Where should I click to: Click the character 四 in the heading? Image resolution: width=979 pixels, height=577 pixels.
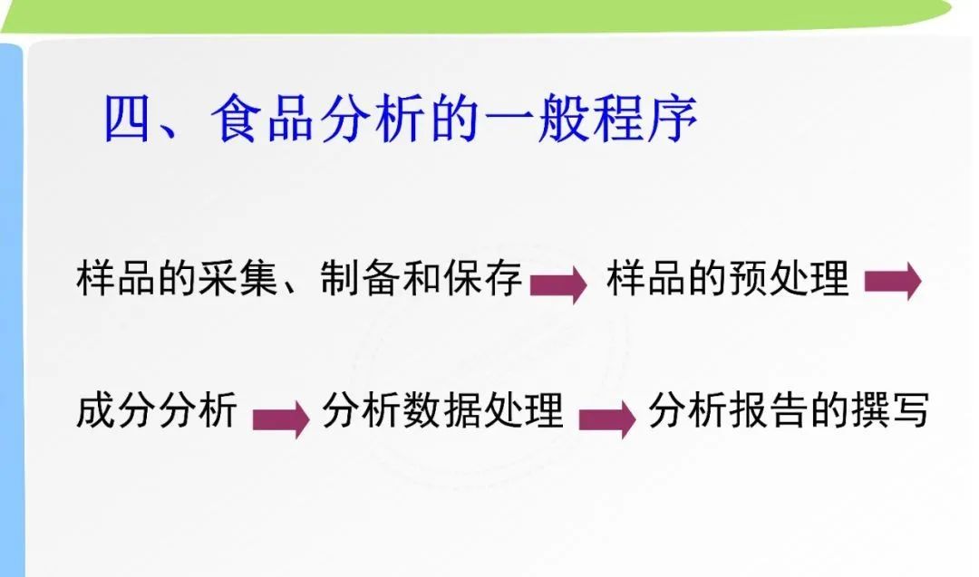(127, 119)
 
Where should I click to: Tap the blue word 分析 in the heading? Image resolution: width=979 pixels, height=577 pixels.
(373, 119)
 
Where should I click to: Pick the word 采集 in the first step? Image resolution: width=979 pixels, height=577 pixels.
(237, 278)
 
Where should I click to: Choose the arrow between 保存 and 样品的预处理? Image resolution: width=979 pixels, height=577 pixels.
(558, 284)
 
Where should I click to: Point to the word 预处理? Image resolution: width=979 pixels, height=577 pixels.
(789, 278)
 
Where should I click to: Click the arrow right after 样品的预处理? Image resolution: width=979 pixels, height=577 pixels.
(893, 282)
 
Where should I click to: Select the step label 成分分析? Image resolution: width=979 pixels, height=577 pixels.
(157, 410)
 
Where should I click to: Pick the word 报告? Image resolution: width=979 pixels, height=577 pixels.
(769, 410)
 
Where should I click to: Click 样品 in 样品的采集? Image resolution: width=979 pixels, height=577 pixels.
(115, 278)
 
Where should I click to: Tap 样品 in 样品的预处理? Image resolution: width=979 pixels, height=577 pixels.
(646, 278)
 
